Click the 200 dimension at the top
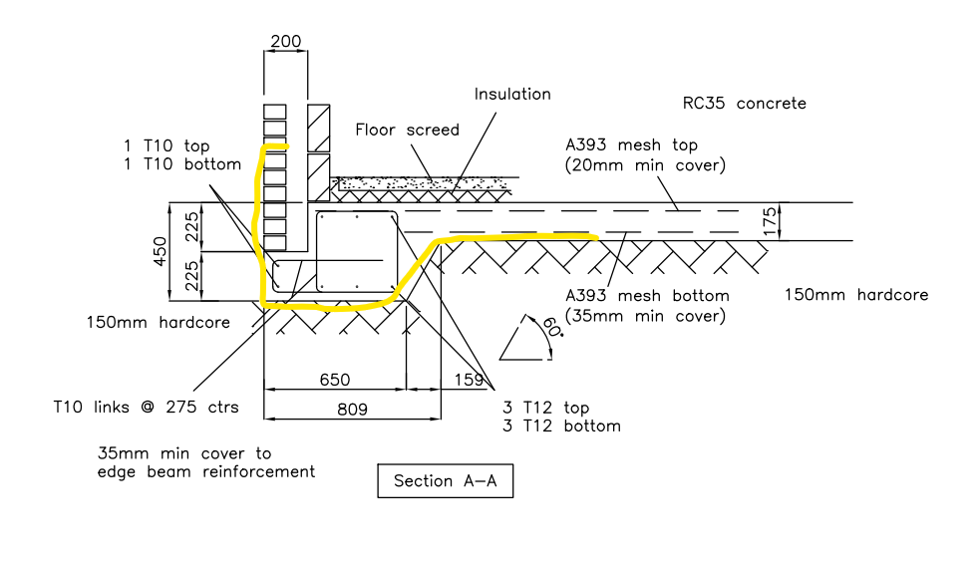[286, 41]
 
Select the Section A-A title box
[446, 480]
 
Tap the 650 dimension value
[335, 380]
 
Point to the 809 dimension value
[352, 410]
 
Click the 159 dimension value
[469, 380]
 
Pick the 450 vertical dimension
[161, 251]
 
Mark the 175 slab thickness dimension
[771, 221]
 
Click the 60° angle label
[552, 327]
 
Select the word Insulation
[512, 95]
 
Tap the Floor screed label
[407, 130]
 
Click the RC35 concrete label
[745, 103]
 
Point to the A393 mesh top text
[631, 144]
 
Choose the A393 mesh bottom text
[647, 295]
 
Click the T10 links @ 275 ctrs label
[147, 407]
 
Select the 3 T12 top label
[545, 408]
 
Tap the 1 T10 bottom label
[182, 164]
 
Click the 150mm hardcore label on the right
[856, 295]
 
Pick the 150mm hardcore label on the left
[158, 322]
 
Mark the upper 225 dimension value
[192, 227]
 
